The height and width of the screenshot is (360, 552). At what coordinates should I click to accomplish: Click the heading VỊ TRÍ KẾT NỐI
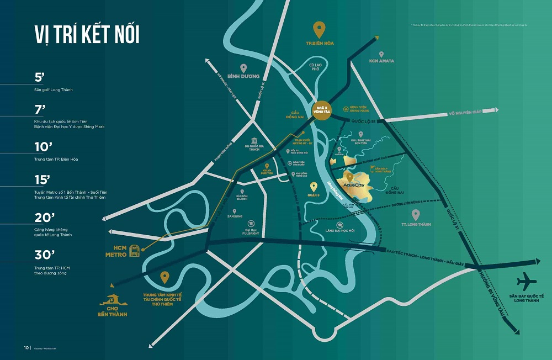coord(87,34)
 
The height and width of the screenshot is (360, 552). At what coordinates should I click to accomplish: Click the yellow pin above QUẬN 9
coord(314,187)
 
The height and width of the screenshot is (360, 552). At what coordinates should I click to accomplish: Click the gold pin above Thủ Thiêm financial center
coord(164,277)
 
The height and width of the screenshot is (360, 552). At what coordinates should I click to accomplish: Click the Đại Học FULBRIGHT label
coord(251,231)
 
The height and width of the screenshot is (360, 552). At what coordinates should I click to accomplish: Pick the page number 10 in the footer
coord(26,348)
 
